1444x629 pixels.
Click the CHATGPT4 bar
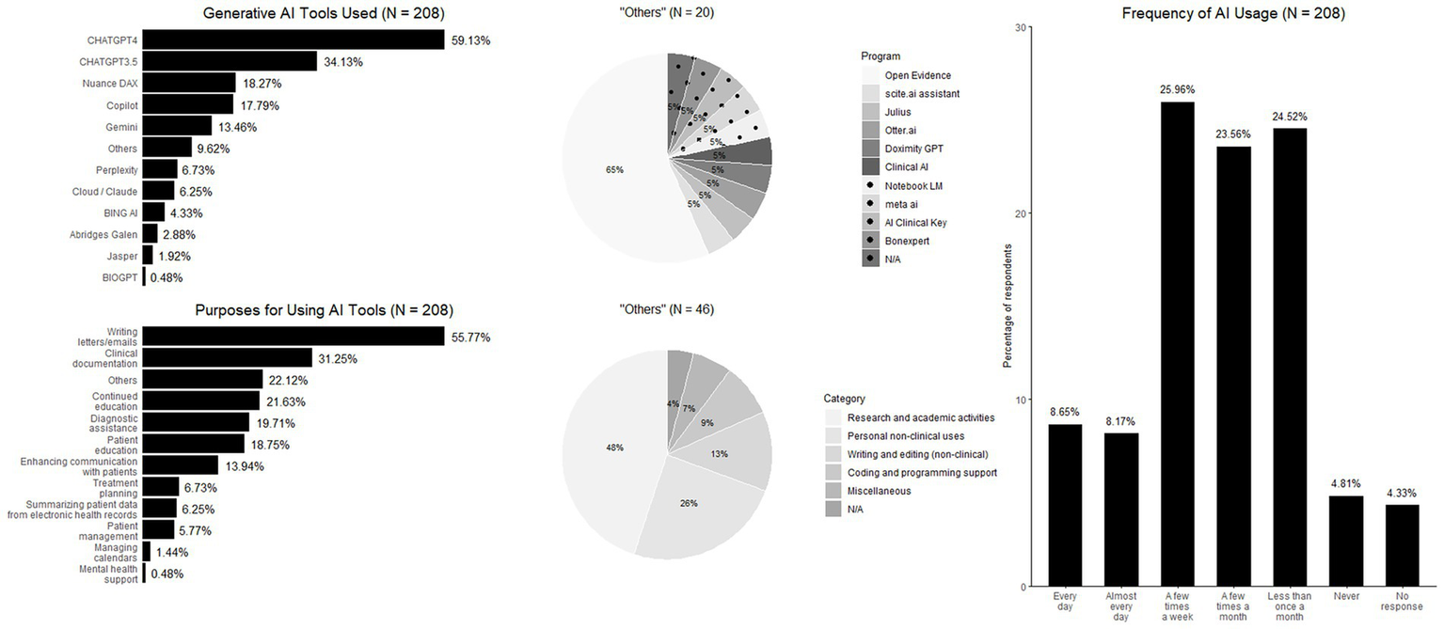[x=294, y=39]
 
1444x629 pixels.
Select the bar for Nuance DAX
[x=187, y=83]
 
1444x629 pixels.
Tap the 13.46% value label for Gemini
[x=243, y=127]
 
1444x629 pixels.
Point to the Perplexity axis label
[x=116, y=170]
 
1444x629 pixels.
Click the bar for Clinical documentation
[x=227, y=358]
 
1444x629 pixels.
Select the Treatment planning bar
[x=161, y=487]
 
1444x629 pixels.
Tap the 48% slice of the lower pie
[x=611, y=442]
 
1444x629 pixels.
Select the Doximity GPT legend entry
[x=914, y=149]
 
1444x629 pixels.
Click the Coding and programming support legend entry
[x=922, y=472]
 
